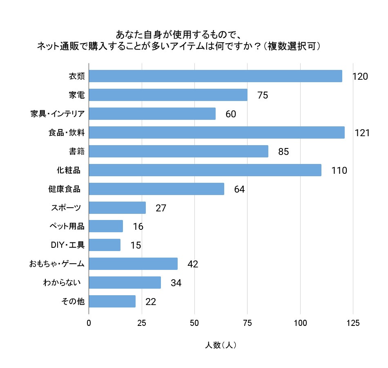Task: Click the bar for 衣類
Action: tap(215, 76)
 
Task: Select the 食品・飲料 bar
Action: tap(216, 132)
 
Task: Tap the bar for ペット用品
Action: tap(106, 226)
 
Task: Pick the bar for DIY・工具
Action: tap(105, 245)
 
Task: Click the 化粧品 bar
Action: tap(205, 170)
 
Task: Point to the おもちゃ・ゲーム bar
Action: tap(133, 264)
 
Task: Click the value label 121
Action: tap(362, 133)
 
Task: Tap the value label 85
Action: tap(283, 152)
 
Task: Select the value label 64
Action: tap(239, 189)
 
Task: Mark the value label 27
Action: tap(161, 208)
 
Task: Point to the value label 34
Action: tap(176, 283)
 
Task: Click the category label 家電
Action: tap(76, 95)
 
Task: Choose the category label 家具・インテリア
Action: tap(58, 114)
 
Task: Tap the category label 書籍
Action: tap(76, 152)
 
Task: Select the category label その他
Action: tap(73, 302)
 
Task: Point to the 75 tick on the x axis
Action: tap(248, 323)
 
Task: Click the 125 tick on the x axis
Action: tap(353, 323)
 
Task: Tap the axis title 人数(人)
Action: tap(221, 345)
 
